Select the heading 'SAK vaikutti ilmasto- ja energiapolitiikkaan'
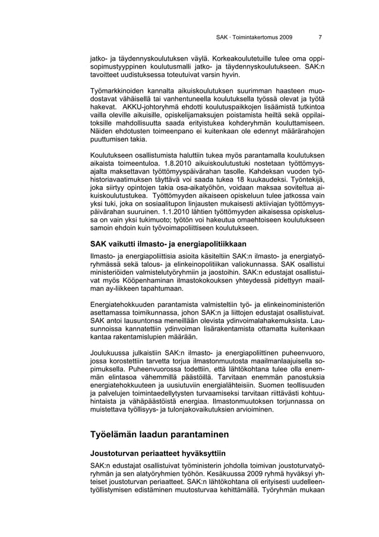[x=168, y=244]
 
